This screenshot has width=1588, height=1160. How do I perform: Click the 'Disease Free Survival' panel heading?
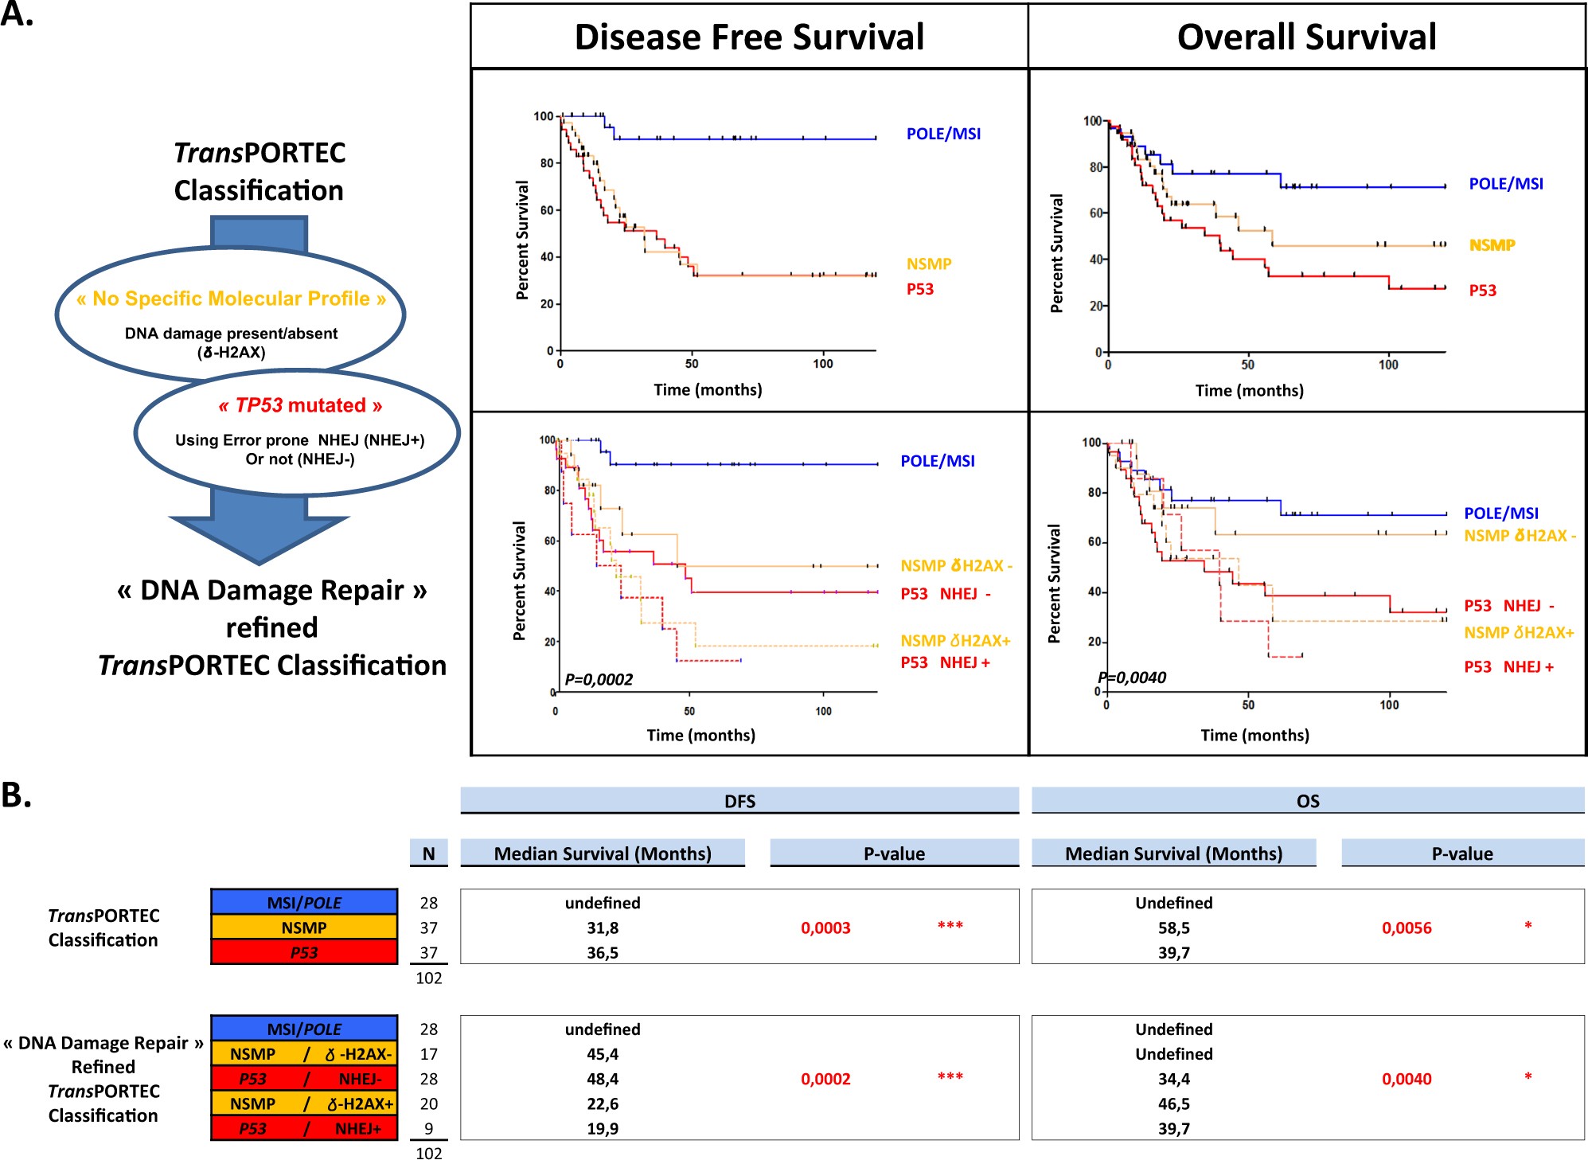click(x=749, y=37)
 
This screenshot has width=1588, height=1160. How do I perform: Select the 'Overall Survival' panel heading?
click(x=1306, y=37)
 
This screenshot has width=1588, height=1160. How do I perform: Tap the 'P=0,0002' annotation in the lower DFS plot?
click(x=599, y=679)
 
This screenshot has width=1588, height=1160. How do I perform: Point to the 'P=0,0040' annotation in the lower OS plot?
click(x=1132, y=678)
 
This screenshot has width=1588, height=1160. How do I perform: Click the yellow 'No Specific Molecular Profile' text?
click(x=231, y=299)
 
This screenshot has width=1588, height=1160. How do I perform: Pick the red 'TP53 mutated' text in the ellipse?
click(x=300, y=405)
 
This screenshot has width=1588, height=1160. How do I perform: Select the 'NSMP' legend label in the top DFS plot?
click(x=929, y=264)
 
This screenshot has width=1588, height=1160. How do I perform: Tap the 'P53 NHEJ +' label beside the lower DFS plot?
click(x=945, y=662)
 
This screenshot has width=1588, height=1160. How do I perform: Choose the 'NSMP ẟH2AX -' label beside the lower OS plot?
click(x=1520, y=536)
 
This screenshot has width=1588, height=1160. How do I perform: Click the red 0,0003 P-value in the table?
click(x=825, y=928)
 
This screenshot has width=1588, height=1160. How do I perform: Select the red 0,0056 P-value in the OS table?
click(x=1407, y=928)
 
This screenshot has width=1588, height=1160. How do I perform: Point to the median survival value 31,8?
click(x=603, y=928)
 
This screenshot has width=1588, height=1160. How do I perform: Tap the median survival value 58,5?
click(x=1174, y=928)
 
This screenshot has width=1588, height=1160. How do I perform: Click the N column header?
click(x=428, y=853)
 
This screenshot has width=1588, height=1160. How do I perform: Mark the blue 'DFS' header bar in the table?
click(x=739, y=801)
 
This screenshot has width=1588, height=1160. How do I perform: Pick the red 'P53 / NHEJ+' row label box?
click(x=304, y=1128)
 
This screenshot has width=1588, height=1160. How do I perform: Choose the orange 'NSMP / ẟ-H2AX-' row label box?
click(x=304, y=1054)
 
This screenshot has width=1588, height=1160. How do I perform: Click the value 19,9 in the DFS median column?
click(x=603, y=1128)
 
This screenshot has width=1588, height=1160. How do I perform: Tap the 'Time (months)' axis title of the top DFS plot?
click(x=708, y=389)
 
